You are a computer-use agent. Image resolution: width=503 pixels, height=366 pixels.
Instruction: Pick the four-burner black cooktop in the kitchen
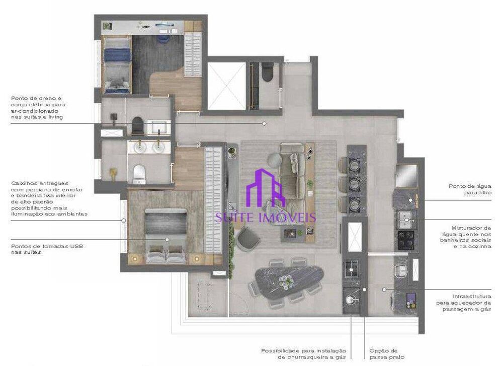[405, 241]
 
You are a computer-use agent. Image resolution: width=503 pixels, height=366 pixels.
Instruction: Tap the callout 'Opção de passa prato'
[383, 353]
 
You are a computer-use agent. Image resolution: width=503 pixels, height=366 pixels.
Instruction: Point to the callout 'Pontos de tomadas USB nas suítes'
[47, 249]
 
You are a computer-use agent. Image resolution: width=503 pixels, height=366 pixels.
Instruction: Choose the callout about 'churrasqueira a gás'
[304, 353]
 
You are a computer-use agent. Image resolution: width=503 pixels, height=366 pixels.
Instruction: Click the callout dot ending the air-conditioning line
[264, 123]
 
